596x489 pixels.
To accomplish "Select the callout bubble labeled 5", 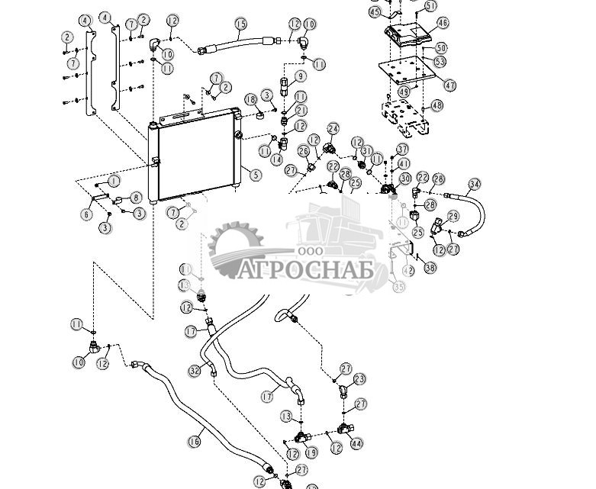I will click(256, 175).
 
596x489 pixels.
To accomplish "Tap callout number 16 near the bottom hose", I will click(194, 441).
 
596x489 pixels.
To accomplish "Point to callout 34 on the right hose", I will click(475, 184).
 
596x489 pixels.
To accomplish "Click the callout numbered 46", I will click(443, 24).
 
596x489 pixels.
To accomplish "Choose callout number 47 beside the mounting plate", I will click(450, 86).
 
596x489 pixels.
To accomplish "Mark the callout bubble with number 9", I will click(301, 76).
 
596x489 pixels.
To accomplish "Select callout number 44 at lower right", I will click(356, 443).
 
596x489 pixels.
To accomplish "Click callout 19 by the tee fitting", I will click(311, 453).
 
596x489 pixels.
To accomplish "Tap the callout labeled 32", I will click(194, 371).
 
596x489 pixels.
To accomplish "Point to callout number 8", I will click(137, 198).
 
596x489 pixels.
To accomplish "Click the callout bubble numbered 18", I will click(250, 100).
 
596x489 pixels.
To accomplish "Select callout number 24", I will click(333, 129).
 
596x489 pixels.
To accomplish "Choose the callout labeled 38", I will click(430, 268).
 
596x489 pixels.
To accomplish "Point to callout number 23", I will click(359, 379).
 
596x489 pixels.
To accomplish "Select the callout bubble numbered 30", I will click(405, 179).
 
